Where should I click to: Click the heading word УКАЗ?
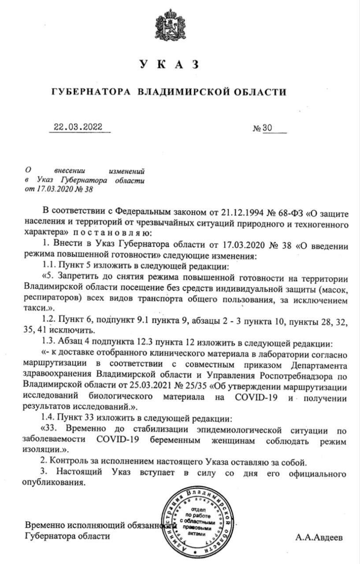pyautogui.click(x=169, y=65)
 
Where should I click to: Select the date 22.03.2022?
pyautogui.click(x=78, y=127)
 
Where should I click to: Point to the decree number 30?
pyautogui.click(x=268, y=128)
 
